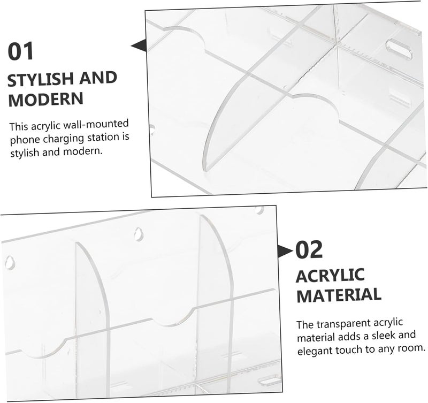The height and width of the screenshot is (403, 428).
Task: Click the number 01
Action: pos(20,51)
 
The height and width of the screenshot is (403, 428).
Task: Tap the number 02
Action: pos(309,249)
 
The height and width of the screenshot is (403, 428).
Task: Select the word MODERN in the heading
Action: pos(45,100)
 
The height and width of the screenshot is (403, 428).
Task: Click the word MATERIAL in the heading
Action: pos(339,295)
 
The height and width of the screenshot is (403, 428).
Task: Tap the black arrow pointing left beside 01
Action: pos(139,45)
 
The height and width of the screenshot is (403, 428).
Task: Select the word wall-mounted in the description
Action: pos(96,125)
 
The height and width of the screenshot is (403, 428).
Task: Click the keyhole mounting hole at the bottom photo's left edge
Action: pos(10,262)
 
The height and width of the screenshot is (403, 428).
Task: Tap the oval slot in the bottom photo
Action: pos(269,380)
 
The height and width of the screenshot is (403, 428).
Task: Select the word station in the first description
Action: pos(104,138)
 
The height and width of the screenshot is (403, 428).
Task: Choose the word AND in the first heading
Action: pos(98,78)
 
